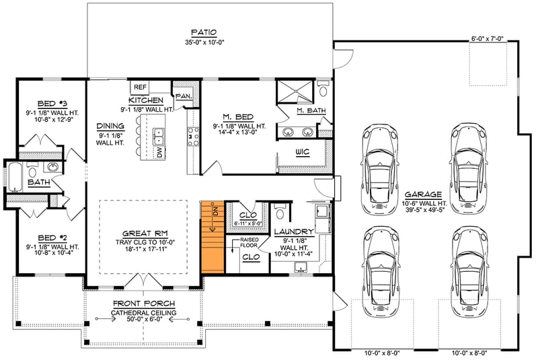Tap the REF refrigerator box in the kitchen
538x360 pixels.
pos(140,87)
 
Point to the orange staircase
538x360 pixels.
pos(212,236)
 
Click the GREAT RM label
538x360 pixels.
pos(143,228)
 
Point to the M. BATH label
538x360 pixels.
pos(311,110)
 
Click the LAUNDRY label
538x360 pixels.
pos(294,231)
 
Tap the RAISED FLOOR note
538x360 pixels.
pos(251,242)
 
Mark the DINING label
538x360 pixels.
pos(109,125)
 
